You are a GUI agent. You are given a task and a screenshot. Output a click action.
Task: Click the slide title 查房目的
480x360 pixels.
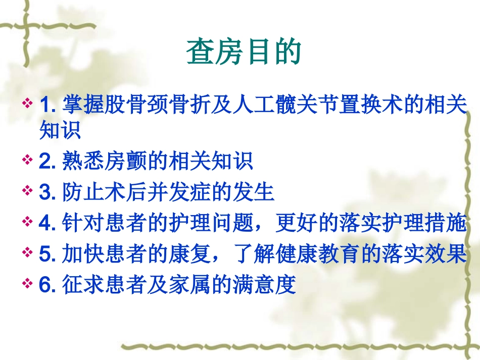pyautogui.click(x=244, y=52)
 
